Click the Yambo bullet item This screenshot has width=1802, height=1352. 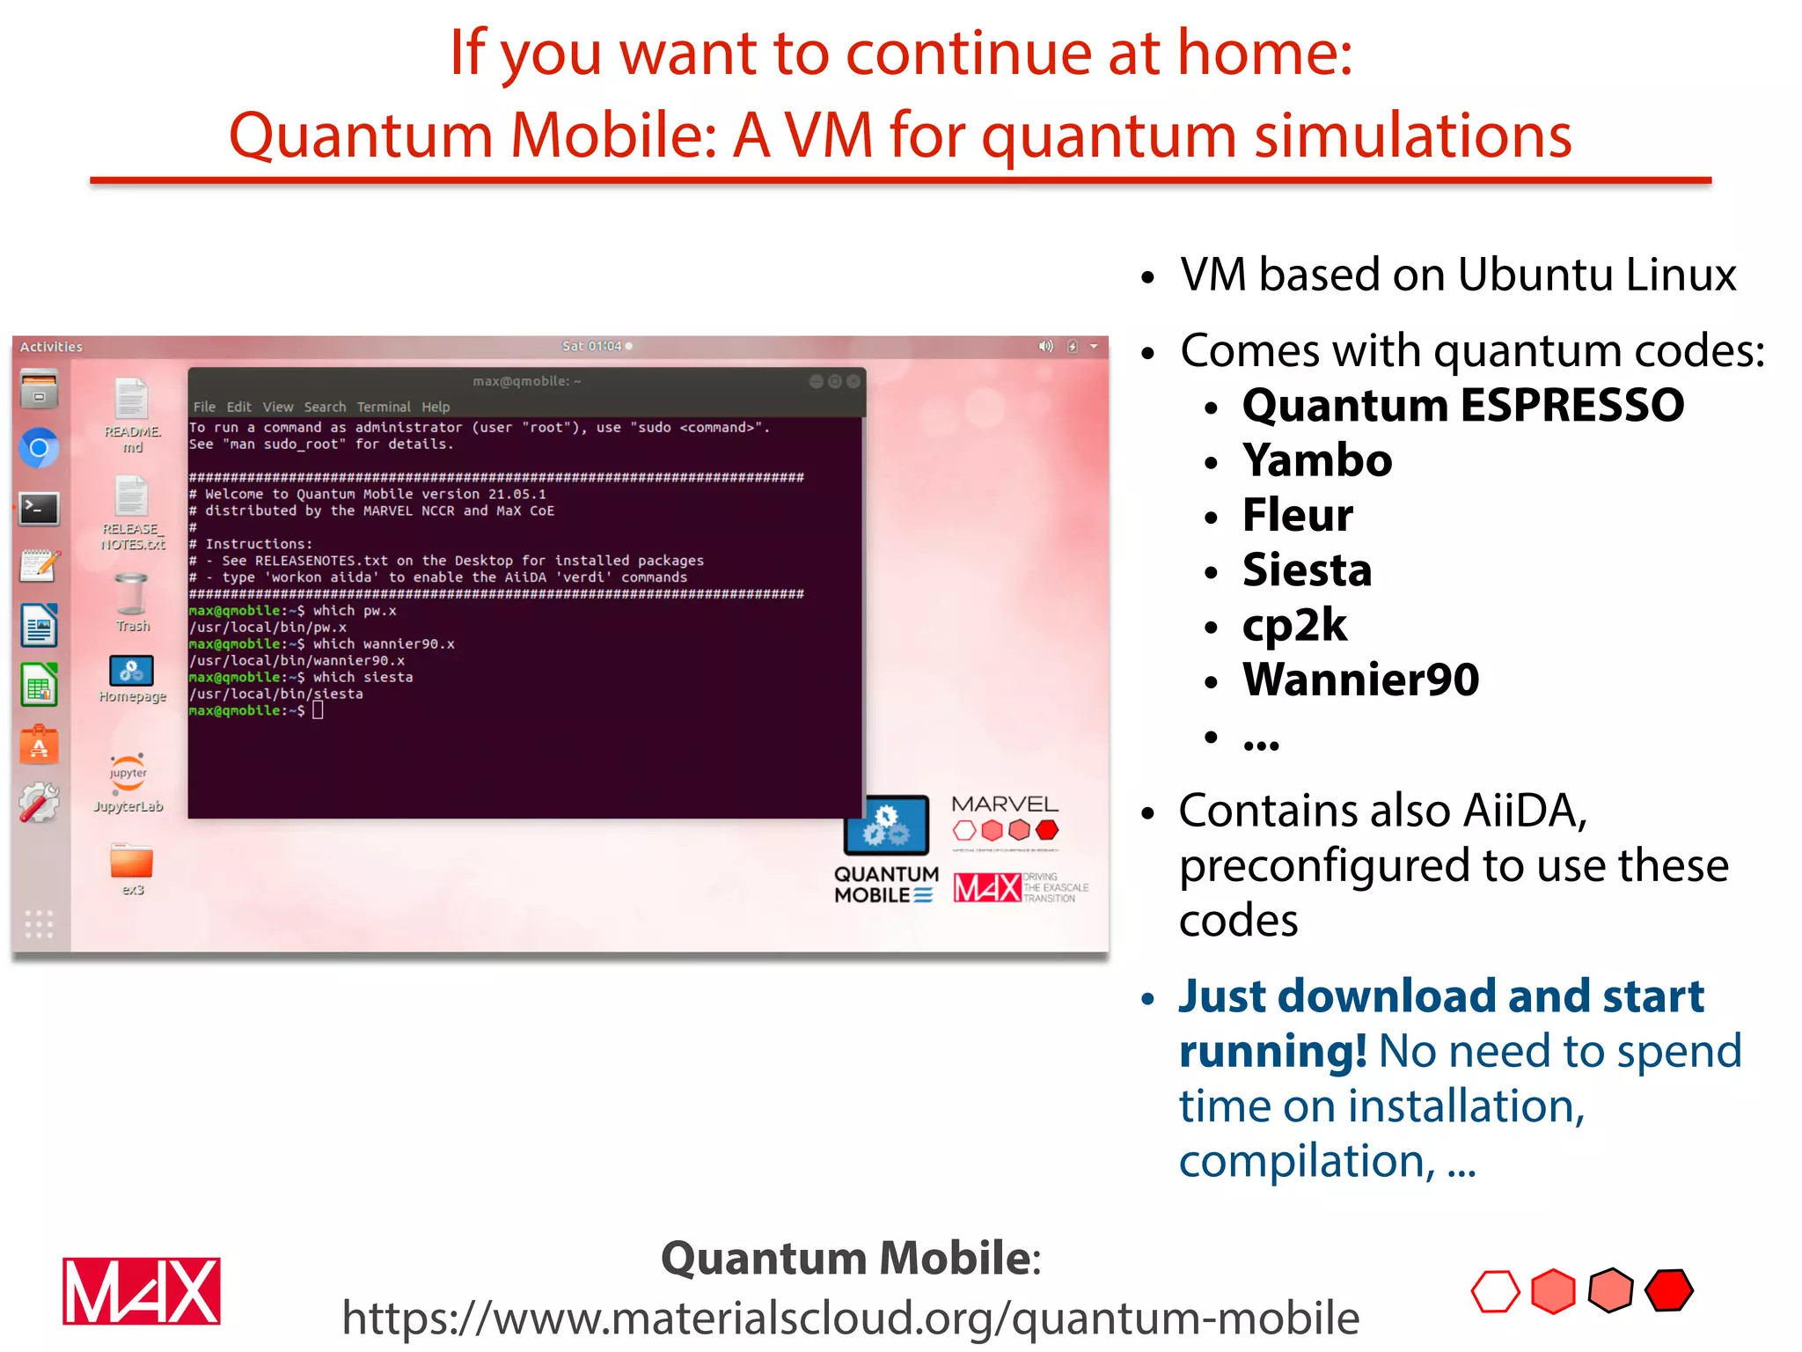1316,460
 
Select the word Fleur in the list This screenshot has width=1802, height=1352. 1297,515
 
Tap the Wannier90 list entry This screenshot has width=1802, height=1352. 1359,680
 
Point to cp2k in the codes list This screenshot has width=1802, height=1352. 1293,625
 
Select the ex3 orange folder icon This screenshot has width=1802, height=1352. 132,862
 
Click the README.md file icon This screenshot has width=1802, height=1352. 131,400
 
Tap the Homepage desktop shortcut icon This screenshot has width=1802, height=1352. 131,672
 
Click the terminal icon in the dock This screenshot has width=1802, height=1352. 40,509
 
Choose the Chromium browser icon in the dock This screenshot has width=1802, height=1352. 40,449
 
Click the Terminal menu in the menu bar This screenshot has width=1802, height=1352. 383,407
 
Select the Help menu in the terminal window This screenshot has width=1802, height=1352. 435,407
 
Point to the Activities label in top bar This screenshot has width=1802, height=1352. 51,347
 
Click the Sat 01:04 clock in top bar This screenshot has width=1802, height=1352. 592,346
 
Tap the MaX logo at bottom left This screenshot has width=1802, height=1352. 141,1291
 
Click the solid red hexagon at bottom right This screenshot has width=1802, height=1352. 1668,1291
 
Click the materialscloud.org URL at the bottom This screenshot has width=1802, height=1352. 850,1318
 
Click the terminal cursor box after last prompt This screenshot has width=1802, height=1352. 319,710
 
